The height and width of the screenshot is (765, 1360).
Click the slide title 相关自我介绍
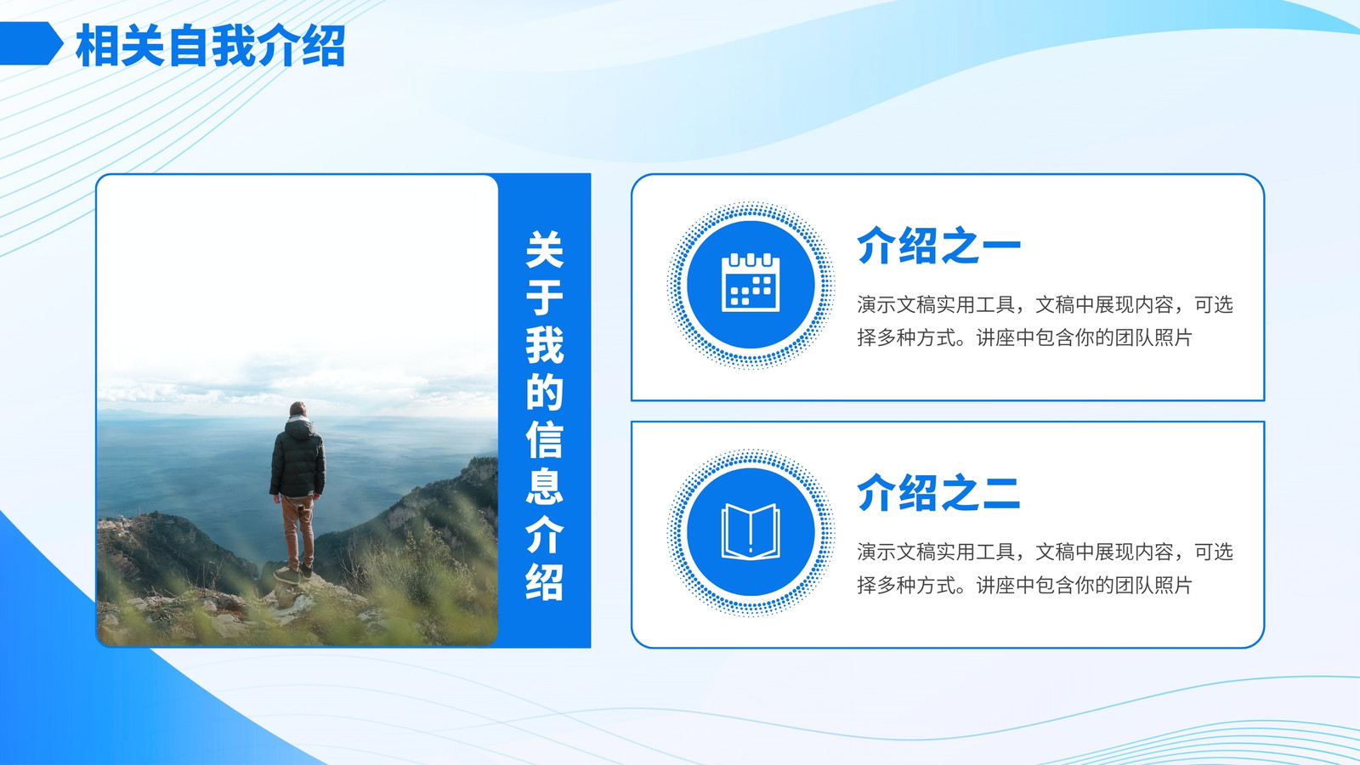211,46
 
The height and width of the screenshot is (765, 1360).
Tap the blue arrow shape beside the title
31,43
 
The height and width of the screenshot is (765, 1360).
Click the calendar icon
751,283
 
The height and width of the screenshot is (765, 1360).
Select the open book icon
751,531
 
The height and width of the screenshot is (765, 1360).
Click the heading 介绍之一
938,246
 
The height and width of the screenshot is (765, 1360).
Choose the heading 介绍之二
938,492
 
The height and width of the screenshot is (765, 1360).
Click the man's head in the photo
297,409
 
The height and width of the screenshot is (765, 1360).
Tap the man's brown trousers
298,531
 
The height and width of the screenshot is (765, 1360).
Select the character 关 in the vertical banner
545,249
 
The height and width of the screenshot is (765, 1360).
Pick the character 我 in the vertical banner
545,344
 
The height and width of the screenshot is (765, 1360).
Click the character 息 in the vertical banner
545,486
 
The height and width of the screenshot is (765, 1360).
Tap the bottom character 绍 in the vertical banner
545,581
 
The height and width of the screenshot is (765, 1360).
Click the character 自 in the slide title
188,46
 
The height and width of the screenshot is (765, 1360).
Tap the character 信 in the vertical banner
545,439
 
